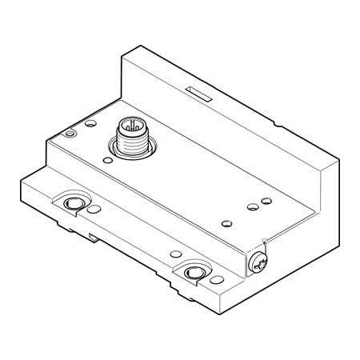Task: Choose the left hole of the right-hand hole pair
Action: (253, 207)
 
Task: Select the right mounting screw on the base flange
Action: (193, 274)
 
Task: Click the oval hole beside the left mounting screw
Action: (94, 210)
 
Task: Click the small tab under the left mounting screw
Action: (94, 238)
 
